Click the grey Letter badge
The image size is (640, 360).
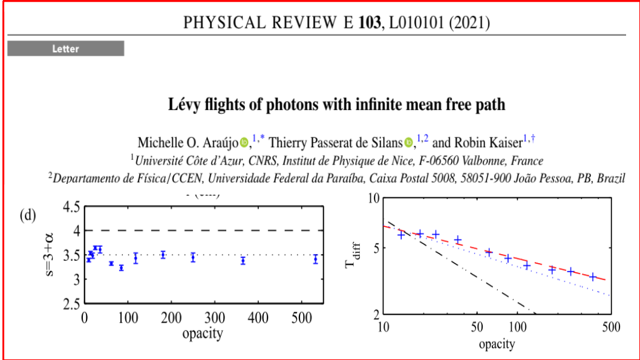pyautogui.click(x=65, y=49)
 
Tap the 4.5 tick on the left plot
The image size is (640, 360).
pyautogui.click(x=68, y=207)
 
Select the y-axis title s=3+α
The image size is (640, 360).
pyautogui.click(x=53, y=254)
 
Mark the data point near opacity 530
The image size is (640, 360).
pyautogui.click(x=315, y=259)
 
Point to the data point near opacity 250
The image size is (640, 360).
pyautogui.click(x=193, y=257)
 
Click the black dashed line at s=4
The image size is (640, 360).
pyautogui.click(x=200, y=231)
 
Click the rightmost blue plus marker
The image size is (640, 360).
pyautogui.click(x=593, y=277)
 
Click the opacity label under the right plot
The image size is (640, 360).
pyautogui.click(x=497, y=344)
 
